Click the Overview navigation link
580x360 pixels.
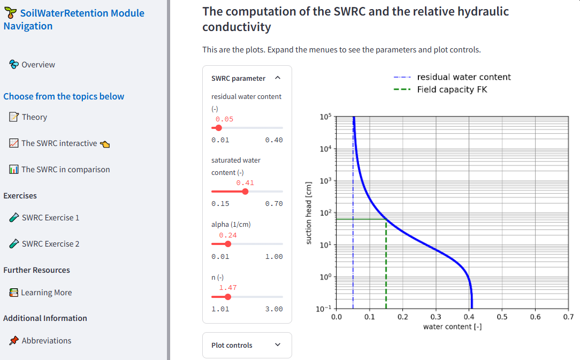point(38,65)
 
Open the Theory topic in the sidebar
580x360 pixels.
point(34,117)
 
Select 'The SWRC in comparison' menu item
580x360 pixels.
point(65,170)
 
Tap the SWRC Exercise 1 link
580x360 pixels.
point(50,218)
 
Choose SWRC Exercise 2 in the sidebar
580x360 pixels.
point(50,244)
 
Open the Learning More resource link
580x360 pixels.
point(46,293)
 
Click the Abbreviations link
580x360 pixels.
point(46,341)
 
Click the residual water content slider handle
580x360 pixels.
point(218,128)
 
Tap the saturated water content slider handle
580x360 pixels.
point(245,192)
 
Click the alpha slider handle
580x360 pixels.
point(228,244)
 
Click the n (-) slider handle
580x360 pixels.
point(228,296)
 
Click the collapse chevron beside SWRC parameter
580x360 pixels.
point(277,78)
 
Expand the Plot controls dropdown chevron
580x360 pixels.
point(277,345)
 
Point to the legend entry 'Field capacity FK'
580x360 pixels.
point(452,90)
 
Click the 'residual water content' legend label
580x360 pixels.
point(464,77)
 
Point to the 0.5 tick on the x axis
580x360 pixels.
point(502,317)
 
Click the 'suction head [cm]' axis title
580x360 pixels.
point(309,213)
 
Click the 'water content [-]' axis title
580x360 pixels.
point(452,326)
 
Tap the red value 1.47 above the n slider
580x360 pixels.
point(228,288)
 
